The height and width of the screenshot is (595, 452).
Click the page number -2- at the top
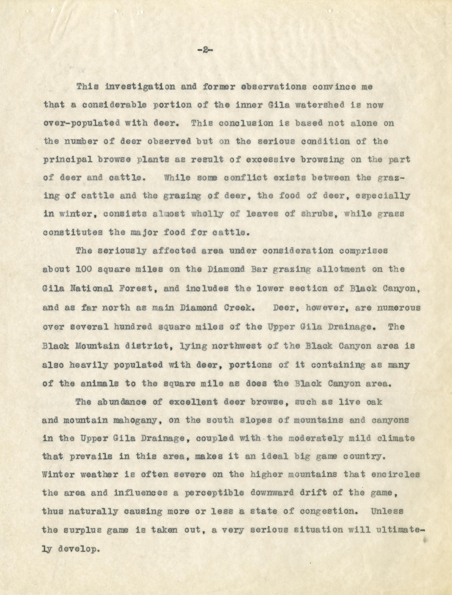[204, 51]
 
